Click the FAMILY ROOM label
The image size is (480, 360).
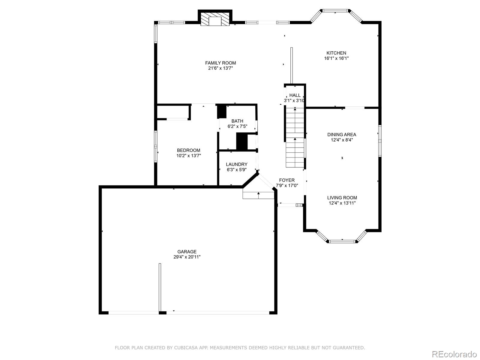point(220,63)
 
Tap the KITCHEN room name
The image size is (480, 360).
point(336,53)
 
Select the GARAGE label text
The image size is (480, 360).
point(187,252)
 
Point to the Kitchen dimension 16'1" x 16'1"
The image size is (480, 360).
point(336,58)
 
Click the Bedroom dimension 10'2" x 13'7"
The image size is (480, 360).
point(188,156)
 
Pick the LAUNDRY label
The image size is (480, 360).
point(237,164)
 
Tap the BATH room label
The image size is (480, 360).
point(237,121)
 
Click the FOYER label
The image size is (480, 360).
point(287,180)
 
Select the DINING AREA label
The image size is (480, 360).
point(342,135)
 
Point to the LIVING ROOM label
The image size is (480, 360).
point(342,198)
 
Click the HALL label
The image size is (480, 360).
point(295,95)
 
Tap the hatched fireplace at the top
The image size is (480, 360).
point(215,19)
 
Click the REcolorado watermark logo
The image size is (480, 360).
point(454,354)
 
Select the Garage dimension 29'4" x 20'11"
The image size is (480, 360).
point(187,257)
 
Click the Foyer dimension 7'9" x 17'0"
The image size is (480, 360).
point(287,186)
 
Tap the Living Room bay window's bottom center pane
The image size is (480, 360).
point(342,241)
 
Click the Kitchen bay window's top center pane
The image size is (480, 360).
point(335,10)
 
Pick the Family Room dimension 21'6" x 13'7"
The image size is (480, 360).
point(220,68)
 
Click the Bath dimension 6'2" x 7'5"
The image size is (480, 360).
point(237,126)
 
